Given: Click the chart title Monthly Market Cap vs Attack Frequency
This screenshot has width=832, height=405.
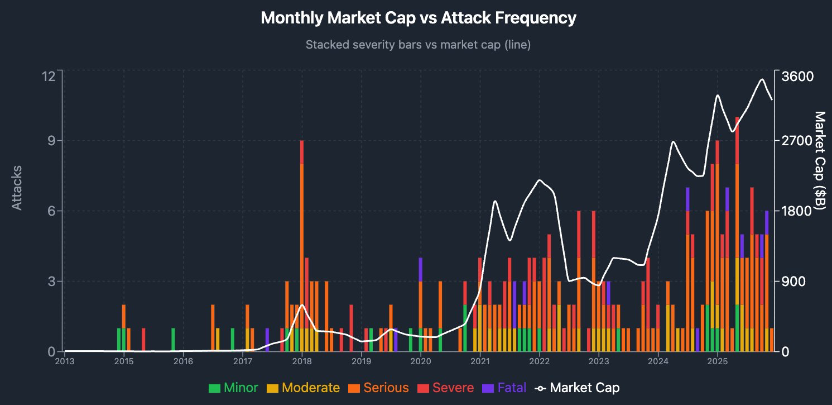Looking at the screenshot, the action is [x=418, y=17].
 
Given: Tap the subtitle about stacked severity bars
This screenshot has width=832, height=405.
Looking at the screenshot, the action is [x=418, y=45].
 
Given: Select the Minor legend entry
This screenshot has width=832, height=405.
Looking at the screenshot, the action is [x=233, y=388].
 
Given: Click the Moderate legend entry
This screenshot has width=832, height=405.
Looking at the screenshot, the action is [x=303, y=388].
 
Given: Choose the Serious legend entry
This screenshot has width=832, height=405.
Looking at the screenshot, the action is [x=378, y=388].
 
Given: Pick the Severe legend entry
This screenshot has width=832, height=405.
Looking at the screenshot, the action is [x=446, y=388].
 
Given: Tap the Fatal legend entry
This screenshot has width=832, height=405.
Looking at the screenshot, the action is [x=504, y=388].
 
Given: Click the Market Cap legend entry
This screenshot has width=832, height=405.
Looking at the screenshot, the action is [x=577, y=388].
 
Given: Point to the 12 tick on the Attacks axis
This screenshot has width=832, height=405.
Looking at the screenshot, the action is [x=49, y=76].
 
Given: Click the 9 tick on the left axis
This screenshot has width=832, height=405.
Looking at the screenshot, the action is [x=51, y=141].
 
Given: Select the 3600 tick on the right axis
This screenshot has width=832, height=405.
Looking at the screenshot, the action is [x=797, y=76].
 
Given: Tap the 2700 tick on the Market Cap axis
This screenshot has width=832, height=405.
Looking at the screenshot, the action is [x=797, y=141].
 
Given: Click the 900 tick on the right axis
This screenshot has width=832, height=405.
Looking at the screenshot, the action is [x=793, y=281].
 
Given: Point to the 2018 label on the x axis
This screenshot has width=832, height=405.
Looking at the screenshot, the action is [x=302, y=361].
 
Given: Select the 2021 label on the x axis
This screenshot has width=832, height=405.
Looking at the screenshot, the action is [x=480, y=361].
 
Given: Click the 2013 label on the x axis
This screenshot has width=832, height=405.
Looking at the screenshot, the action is [x=65, y=361].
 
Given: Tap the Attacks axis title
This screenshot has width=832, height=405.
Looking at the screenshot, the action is [x=17, y=188].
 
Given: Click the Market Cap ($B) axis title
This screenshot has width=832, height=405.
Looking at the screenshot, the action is [x=820, y=160].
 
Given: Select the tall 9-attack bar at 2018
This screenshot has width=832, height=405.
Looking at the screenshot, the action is [x=302, y=246].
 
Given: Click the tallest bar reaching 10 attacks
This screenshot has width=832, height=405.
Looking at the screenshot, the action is [x=737, y=234].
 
